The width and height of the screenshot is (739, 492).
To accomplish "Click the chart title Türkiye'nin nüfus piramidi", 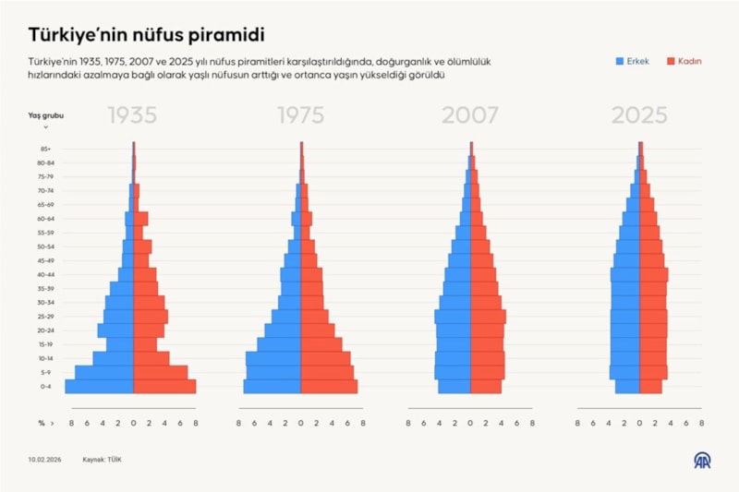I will pyautogui.click(x=147, y=35).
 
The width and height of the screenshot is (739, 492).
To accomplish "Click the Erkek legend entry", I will pyautogui.click(x=633, y=62).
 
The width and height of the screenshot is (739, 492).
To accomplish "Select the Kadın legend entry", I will pyautogui.click(x=683, y=62).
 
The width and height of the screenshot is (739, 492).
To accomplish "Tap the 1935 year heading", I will pyautogui.click(x=133, y=116).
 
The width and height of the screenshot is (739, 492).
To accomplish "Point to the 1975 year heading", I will pyautogui.click(x=300, y=116).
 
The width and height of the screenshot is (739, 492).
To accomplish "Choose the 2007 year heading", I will pyautogui.click(x=470, y=116).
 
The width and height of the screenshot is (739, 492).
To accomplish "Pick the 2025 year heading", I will pyautogui.click(x=639, y=116).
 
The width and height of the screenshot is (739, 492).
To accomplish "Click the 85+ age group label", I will pyautogui.click(x=45, y=149).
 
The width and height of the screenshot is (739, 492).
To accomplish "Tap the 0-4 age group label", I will pyautogui.click(x=45, y=386).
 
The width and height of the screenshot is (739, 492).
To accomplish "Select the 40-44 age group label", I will pyautogui.click(x=45, y=274).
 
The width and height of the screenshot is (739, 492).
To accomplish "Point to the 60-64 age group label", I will pyautogui.click(x=45, y=219).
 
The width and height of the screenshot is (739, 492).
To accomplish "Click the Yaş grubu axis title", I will pyautogui.click(x=46, y=115).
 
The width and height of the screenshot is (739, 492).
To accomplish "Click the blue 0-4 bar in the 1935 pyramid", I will pyautogui.click(x=99, y=386).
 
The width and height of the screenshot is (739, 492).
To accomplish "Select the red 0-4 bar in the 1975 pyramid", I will pyautogui.click(x=329, y=386).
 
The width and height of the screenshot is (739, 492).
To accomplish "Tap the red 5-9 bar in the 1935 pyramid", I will pyautogui.click(x=161, y=372).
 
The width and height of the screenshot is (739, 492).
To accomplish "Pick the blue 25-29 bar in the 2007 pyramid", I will pyautogui.click(x=453, y=316).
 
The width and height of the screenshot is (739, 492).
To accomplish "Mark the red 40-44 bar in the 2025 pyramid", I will pyautogui.click(x=654, y=274).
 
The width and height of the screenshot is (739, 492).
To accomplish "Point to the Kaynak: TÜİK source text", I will pyautogui.click(x=103, y=459).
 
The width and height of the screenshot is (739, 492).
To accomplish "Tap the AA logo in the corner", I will pyautogui.click(x=703, y=459).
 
